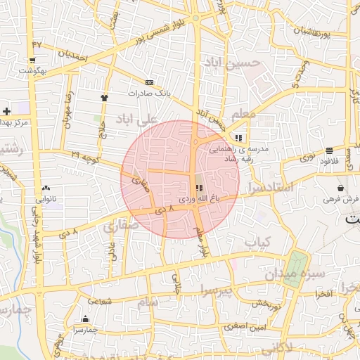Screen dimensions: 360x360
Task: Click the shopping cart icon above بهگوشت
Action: point(32,60)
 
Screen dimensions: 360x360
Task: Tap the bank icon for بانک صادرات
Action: point(148,82)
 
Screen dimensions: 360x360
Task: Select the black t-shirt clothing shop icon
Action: point(105,98)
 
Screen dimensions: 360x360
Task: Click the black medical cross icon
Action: point(6,111)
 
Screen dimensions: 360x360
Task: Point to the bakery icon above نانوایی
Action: point(46,188)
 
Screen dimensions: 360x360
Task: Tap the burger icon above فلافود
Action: point(329,150)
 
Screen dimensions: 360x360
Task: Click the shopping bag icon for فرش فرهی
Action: point(341,188)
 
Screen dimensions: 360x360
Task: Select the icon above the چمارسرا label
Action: point(85,319)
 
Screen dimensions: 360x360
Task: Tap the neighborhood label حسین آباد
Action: point(232,63)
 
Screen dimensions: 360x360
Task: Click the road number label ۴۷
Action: point(37,44)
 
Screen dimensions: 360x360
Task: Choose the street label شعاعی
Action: point(101,301)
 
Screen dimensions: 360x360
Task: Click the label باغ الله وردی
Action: point(198,200)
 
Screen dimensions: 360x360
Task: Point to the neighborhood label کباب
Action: point(257,243)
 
